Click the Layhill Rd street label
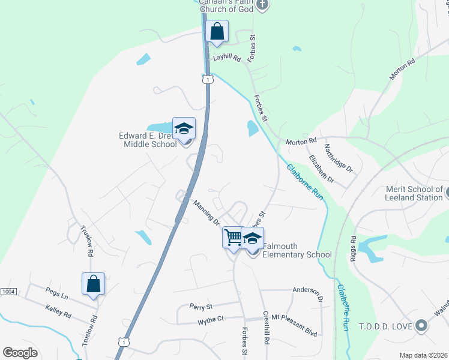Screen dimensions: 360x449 (227, 59)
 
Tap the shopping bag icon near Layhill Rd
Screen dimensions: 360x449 (217, 31)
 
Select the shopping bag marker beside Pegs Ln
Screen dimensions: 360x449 (94, 284)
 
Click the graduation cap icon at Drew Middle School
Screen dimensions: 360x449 (184, 128)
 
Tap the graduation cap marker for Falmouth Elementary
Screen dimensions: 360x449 (253, 238)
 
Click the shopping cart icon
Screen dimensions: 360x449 (233, 237)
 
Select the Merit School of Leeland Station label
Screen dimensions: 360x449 (414, 194)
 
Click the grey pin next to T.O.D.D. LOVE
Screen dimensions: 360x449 (421, 326)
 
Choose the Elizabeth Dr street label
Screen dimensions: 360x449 (321, 169)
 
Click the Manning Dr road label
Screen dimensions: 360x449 (206, 213)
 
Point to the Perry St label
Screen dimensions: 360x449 (201, 307)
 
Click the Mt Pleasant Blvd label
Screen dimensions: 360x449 (294, 316)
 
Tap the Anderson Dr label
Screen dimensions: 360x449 (308, 292)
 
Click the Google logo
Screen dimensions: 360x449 (20, 353)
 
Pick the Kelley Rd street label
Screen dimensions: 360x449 (58, 312)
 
